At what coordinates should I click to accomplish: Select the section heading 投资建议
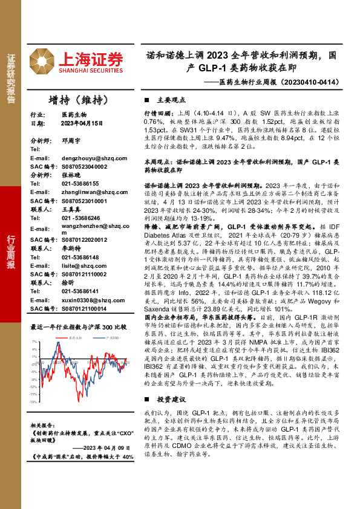[170, 400]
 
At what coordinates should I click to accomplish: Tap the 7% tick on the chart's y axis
[34, 343]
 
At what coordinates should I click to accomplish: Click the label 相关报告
[42, 426]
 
